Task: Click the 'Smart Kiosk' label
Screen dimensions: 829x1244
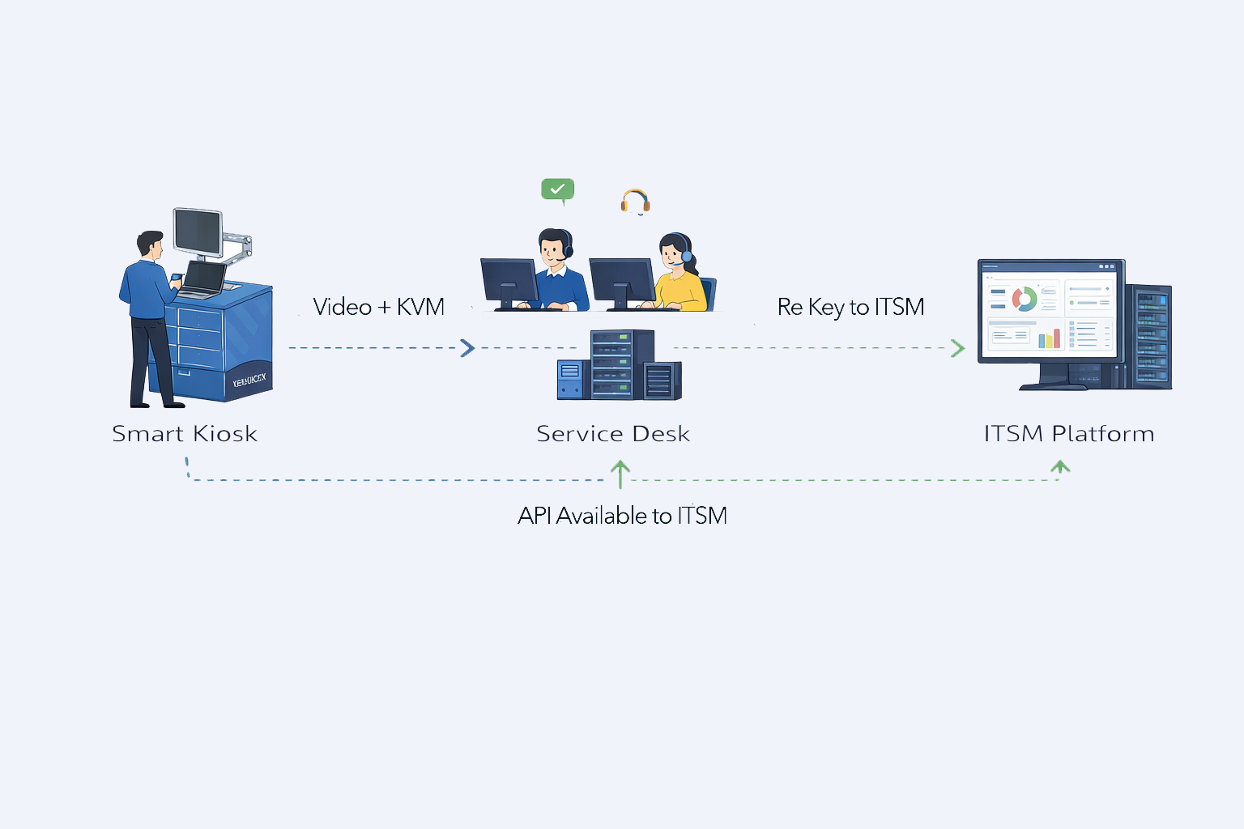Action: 185,434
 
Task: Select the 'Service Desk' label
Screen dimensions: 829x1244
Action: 613,434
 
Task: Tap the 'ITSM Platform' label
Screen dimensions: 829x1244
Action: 1069,434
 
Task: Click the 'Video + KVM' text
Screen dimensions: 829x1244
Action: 378,307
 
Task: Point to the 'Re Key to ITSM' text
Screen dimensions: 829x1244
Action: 850,307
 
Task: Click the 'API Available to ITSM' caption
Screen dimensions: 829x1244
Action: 622,516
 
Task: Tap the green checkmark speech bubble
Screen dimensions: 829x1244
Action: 557,189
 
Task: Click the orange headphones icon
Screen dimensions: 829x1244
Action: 636,201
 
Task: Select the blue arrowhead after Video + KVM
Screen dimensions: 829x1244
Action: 467,348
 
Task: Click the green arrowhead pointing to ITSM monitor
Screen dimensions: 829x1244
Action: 957,348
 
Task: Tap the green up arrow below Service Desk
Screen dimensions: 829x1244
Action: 620,473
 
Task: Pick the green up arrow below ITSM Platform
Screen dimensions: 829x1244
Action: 1060,467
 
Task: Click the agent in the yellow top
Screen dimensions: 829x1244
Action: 679,275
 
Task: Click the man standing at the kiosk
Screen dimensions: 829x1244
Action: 149,316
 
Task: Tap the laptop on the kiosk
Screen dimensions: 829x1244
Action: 202,279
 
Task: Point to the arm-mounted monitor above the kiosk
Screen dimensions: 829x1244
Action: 198,232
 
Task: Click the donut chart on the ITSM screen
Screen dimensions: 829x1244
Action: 1025,299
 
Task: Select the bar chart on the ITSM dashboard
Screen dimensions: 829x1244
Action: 1050,337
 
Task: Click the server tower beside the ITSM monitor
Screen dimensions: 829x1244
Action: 1150,336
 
